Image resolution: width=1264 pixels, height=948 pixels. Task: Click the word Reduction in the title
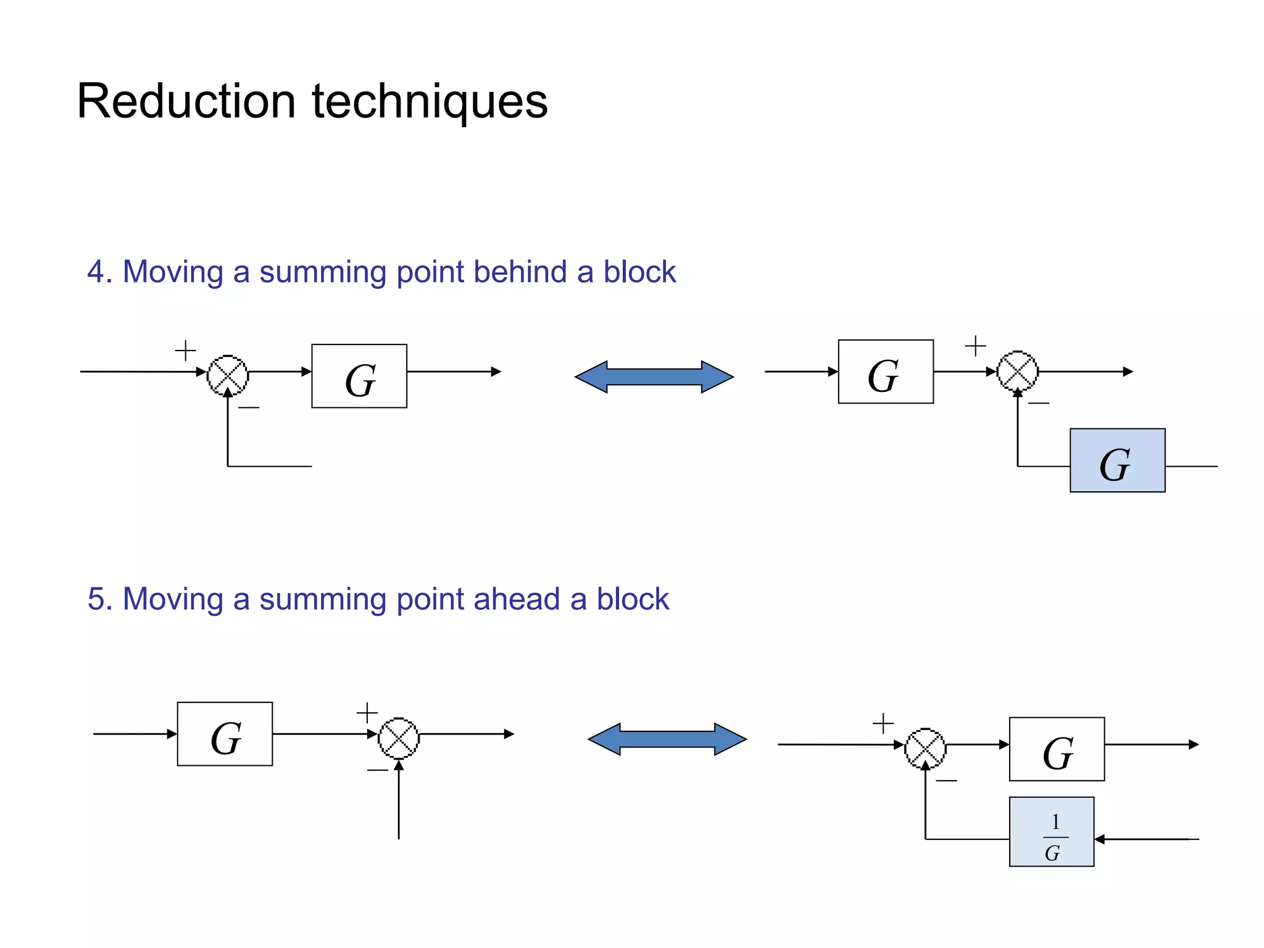(186, 101)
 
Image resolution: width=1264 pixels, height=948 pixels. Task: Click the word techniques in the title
(430, 101)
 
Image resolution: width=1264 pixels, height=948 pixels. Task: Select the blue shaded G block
(1117, 460)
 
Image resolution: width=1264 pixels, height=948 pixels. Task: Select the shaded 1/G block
(1052, 832)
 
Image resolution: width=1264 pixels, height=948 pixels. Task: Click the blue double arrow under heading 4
(654, 376)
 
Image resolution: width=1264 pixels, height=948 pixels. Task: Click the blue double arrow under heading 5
(667, 739)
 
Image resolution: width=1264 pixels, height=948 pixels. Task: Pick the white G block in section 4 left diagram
(359, 376)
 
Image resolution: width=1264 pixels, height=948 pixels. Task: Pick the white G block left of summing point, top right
(886, 372)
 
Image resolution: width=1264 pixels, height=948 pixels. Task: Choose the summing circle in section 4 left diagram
(228, 375)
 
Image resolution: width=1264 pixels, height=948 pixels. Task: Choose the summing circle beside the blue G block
(1018, 371)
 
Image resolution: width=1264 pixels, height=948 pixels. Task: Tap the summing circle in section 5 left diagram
(399, 738)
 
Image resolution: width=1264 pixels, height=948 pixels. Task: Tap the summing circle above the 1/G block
(925, 748)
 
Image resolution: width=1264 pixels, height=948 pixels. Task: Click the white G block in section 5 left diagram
(225, 734)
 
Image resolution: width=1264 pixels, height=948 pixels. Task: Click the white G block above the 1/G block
(1057, 749)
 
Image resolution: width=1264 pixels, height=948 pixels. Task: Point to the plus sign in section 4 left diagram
(185, 351)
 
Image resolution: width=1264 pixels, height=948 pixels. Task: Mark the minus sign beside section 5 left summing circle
(377, 770)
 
